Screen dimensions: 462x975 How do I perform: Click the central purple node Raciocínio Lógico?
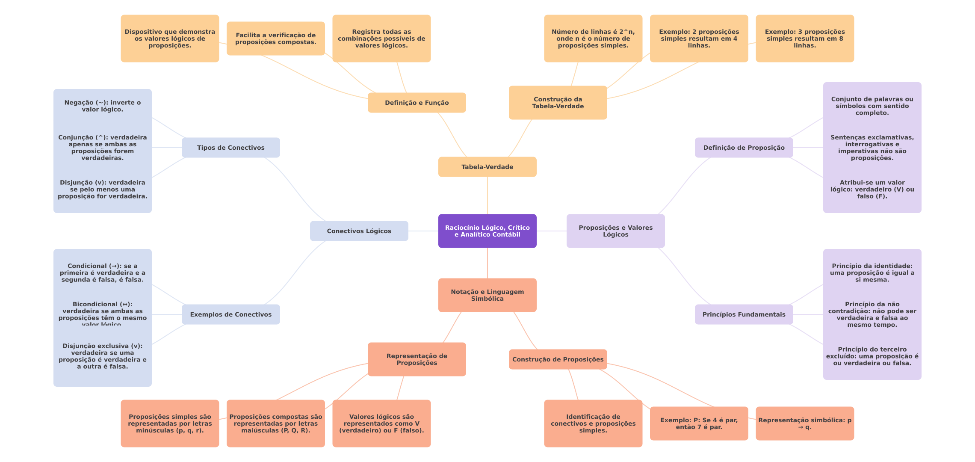487,231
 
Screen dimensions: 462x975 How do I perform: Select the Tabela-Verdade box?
487,167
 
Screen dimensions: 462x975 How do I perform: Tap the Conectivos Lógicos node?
359,231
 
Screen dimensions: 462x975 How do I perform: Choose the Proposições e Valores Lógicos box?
615,231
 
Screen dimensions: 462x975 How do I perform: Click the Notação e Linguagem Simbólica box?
487,295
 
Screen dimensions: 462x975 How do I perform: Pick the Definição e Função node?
417,103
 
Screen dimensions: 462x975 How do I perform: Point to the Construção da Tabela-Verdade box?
558,103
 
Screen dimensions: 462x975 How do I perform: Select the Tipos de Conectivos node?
230,148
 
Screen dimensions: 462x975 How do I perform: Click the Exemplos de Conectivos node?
230,314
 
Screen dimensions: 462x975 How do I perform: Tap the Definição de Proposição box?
744,148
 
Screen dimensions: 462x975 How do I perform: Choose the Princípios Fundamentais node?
744,314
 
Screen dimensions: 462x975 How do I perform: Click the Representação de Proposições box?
417,359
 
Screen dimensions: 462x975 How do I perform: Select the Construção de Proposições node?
558,359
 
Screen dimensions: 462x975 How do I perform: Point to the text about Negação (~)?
103,106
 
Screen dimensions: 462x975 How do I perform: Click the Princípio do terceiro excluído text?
872,356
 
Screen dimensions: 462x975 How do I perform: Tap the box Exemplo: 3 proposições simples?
804,38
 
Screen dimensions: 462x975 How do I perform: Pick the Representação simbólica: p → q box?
804,423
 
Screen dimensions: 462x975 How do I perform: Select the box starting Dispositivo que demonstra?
170,38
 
